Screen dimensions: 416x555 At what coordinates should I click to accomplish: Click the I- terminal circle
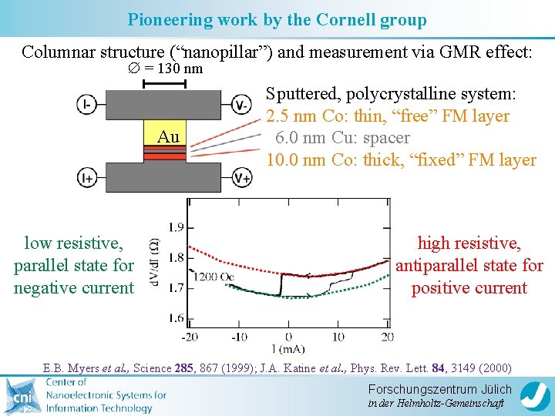[86, 104]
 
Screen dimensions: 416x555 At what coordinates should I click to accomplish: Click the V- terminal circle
[241, 104]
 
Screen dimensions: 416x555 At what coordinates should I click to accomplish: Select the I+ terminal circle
[86, 178]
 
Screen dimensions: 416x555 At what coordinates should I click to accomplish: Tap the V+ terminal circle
[241, 178]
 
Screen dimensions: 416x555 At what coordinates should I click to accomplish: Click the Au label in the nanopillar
[168, 137]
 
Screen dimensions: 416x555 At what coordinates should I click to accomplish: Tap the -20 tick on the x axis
[190, 337]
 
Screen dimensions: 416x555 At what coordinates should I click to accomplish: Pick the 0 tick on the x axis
[288, 337]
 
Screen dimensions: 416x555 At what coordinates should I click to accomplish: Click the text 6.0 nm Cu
[308, 138]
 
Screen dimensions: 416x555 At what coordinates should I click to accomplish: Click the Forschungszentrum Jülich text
[439, 389]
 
